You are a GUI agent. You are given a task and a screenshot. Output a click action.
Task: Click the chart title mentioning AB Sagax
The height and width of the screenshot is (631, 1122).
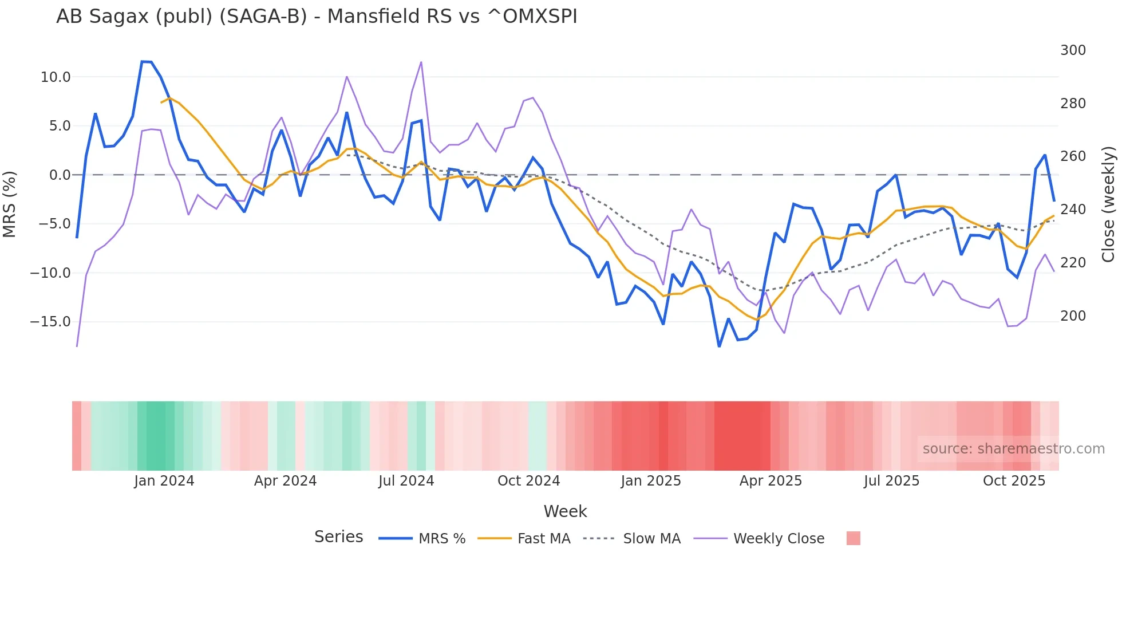click(317, 16)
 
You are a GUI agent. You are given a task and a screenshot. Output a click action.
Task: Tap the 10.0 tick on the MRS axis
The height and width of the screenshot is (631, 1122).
click(56, 77)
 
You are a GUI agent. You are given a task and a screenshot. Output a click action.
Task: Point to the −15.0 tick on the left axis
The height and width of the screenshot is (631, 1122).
click(51, 322)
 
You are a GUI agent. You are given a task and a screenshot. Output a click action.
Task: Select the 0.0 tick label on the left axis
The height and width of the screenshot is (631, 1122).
click(60, 175)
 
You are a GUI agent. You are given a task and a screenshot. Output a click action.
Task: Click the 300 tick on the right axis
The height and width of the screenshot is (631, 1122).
click(1073, 50)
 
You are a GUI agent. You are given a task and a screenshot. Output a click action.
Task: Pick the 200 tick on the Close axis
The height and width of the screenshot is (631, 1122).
click(1073, 316)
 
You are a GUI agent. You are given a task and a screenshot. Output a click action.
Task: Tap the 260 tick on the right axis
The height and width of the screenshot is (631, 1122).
click(1073, 156)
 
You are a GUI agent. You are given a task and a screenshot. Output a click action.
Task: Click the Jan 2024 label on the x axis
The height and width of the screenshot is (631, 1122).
click(164, 481)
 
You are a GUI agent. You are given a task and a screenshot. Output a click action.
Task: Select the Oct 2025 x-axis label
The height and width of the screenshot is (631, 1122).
click(1014, 481)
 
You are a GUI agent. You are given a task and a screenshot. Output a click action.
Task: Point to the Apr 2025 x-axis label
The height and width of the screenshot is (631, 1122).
click(771, 481)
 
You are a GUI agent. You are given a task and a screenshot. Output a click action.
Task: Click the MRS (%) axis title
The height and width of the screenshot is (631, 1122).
click(10, 204)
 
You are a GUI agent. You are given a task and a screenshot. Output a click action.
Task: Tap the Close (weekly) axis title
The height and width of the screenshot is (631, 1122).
click(1108, 204)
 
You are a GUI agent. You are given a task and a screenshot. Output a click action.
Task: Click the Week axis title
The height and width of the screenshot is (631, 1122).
click(565, 511)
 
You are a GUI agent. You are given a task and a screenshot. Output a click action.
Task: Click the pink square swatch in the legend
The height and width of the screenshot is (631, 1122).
click(853, 538)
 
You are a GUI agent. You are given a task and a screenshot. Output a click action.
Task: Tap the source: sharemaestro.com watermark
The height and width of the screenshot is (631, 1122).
click(1013, 449)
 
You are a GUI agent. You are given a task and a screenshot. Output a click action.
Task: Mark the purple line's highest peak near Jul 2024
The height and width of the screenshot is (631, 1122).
click(421, 62)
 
